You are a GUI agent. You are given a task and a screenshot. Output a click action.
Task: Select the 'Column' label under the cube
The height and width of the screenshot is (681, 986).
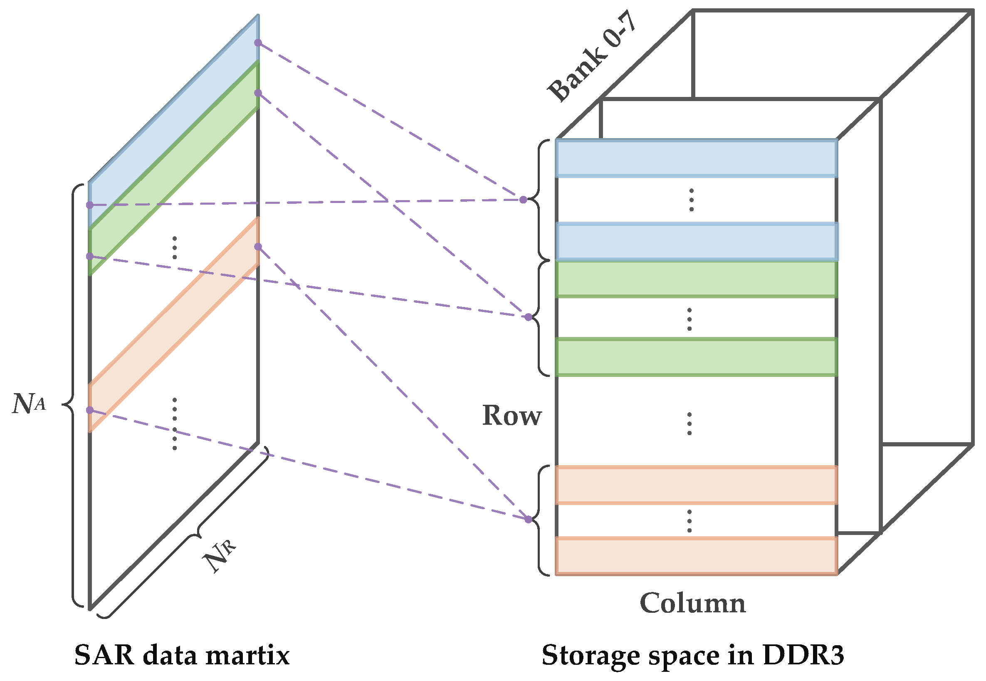(x=692, y=603)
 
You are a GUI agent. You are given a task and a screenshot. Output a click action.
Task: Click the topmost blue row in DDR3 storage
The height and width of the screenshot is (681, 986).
(x=696, y=158)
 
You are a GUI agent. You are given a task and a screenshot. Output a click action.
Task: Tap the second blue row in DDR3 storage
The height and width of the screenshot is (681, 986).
(x=697, y=242)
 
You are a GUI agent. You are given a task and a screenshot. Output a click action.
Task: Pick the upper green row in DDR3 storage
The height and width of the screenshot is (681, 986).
(x=696, y=279)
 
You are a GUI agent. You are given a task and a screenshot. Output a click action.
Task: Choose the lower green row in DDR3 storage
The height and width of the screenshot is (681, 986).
(x=696, y=357)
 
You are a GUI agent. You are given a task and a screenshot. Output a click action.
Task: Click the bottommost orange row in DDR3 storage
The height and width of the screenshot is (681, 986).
(x=696, y=556)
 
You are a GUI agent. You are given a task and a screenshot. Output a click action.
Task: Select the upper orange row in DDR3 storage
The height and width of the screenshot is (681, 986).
(x=696, y=485)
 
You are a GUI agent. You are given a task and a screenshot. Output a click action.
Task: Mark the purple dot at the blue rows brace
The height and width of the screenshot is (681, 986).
(x=523, y=200)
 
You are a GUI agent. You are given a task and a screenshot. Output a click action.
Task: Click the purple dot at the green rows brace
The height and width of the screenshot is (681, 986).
(x=529, y=317)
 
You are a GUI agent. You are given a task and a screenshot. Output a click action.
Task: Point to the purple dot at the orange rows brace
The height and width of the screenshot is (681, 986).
(x=529, y=519)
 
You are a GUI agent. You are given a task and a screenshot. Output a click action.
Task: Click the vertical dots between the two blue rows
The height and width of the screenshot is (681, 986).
(x=691, y=200)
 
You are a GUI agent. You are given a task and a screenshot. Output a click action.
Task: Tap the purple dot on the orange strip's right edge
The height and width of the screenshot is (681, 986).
(x=258, y=247)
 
